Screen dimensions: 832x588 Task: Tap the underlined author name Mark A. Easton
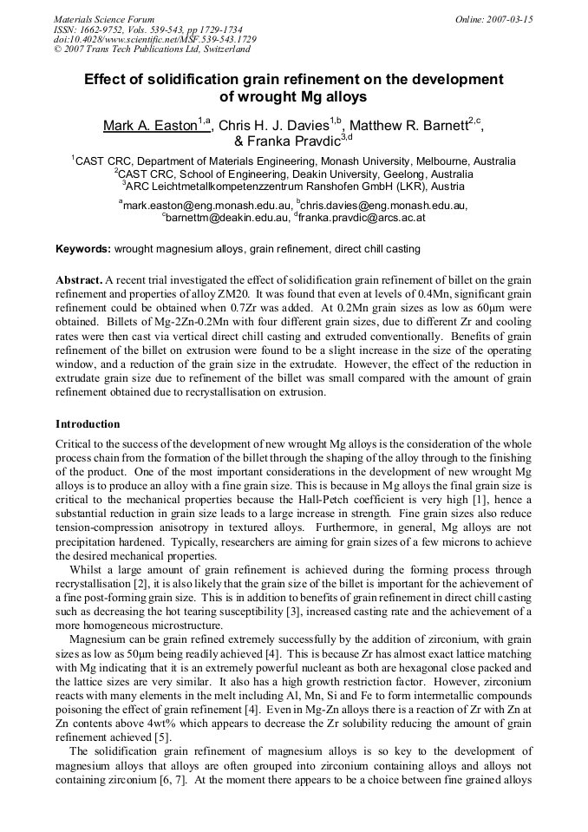coord(150,127)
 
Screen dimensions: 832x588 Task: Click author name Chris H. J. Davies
coord(274,127)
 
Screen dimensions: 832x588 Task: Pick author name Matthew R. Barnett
coord(408,127)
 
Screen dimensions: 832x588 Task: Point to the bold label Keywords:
coord(83,249)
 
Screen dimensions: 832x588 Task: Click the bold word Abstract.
coord(78,281)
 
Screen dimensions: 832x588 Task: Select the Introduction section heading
coord(88,424)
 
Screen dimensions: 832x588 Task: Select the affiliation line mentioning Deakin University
coord(294,174)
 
